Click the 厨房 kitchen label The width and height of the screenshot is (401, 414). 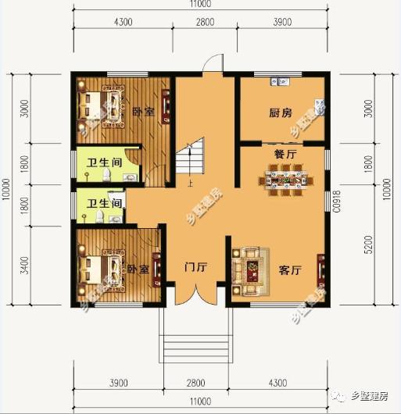coord(280,113)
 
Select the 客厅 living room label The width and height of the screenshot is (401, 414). coord(290,271)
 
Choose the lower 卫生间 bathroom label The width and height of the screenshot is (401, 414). coord(104,204)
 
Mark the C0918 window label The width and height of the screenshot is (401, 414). coord(338,202)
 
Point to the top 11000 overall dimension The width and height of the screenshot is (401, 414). coord(202,5)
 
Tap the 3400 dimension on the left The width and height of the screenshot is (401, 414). coord(24,265)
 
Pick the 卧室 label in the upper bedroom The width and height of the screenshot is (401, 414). coord(141,112)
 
